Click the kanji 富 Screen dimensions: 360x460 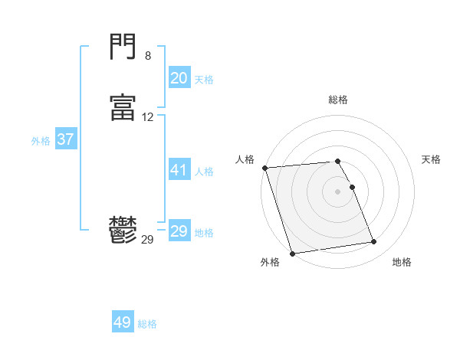[123, 108]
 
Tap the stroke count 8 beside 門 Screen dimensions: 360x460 [147, 56]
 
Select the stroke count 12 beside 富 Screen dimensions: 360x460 [148, 117]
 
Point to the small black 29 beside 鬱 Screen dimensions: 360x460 [147, 240]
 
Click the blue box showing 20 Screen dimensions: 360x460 [179, 78]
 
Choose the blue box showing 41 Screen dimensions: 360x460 [179, 170]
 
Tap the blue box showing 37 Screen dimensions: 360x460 [65, 139]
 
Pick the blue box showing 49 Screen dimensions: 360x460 [123, 322]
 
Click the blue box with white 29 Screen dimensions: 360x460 [179, 231]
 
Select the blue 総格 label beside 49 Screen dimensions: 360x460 [147, 324]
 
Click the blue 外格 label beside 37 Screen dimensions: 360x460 [41, 141]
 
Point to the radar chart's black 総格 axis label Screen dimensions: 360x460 [338, 100]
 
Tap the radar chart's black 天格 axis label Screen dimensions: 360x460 [431, 159]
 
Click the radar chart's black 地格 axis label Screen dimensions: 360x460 [402, 262]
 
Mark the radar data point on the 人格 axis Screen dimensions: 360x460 [264, 168]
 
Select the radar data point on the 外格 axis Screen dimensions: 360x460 [291, 253]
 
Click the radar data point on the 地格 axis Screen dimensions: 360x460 [374, 242]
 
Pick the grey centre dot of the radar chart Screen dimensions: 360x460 [338, 191]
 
